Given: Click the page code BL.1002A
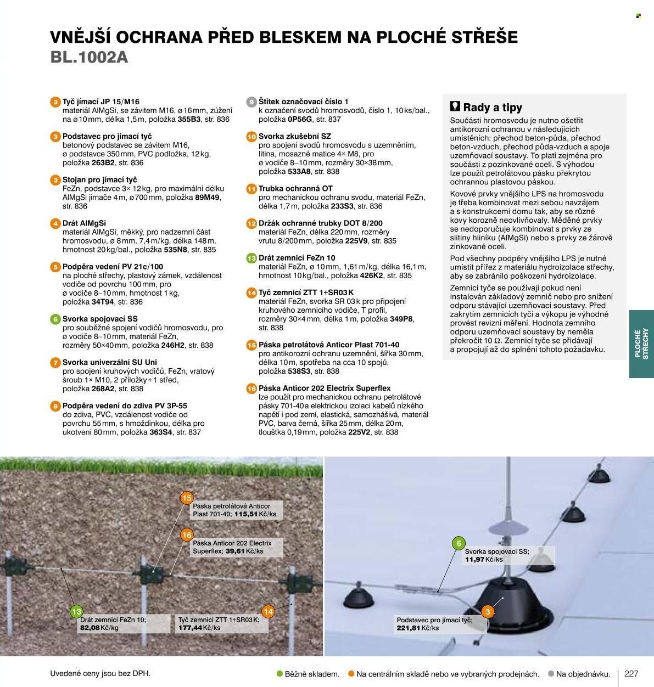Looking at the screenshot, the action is pos(89,57).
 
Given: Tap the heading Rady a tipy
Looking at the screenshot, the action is pos(493,108).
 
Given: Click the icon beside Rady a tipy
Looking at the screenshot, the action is pos(455,106).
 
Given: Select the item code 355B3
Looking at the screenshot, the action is pos(189,119).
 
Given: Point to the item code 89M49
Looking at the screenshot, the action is pos(207,198).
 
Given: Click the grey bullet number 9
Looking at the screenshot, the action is pos(251,102).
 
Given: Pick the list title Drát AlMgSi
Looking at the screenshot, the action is pos(84,223).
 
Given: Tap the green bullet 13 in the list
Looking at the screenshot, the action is pos(251,258).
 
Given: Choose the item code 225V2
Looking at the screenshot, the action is pos(359,432).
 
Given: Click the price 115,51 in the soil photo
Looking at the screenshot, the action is pos(246,514).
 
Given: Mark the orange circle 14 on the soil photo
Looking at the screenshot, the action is pos(269,611).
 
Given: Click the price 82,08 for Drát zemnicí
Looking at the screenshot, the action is pos(90,628).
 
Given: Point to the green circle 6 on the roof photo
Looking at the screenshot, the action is pos(459,543).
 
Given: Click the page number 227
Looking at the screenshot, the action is pos(631,674).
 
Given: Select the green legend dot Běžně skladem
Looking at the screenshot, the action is pos(280,674).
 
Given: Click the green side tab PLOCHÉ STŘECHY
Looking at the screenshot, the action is pos(641,344).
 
